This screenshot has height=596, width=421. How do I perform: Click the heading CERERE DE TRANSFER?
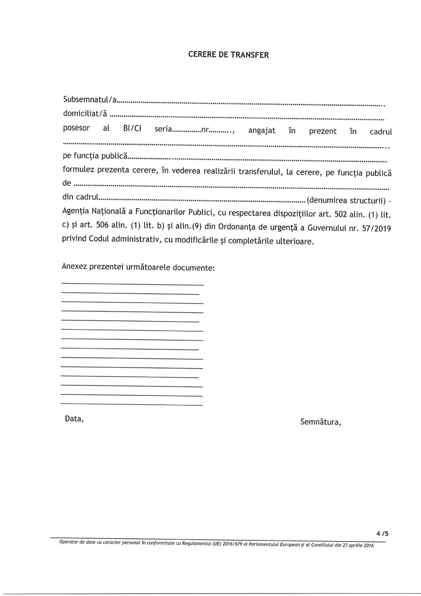coord(228,55)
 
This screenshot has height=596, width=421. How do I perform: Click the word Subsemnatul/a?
coord(90,100)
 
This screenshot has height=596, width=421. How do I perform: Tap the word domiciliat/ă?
coord(85,113)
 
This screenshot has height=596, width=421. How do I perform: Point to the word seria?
coord(163,129)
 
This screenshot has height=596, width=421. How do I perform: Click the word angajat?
coord(261,131)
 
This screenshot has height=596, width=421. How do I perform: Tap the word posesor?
coord(76,128)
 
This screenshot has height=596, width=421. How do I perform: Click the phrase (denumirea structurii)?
coord(346,200)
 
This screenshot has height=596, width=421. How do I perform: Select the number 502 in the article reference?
coord(339,214)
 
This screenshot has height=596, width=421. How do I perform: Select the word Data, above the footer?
coord(74,419)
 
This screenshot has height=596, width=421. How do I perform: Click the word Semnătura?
coord(320,422)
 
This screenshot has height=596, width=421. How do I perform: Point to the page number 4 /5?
coord(382,534)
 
